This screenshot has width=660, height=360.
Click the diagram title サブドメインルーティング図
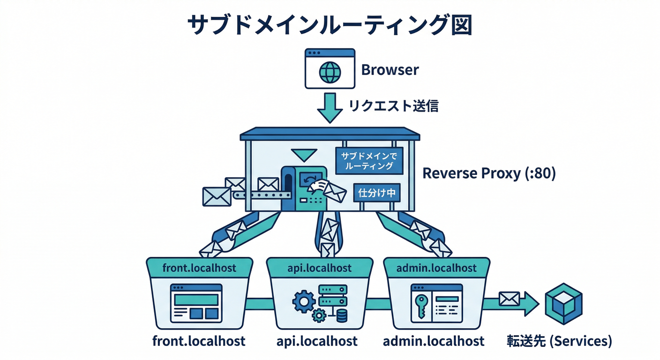(x=330, y=26)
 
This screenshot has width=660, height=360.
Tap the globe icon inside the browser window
(x=329, y=72)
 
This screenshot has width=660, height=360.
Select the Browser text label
(x=390, y=70)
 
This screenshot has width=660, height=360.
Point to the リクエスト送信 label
(x=393, y=106)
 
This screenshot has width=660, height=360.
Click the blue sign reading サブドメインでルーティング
(x=369, y=161)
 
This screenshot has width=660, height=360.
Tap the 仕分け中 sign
(x=377, y=192)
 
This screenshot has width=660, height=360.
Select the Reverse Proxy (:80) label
(x=489, y=173)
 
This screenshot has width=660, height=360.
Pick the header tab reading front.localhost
(x=199, y=268)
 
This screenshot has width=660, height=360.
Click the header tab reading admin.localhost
(x=436, y=268)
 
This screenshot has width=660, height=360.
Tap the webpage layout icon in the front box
(x=196, y=302)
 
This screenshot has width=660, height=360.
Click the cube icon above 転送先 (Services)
(x=564, y=301)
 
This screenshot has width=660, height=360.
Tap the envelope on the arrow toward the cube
(x=509, y=298)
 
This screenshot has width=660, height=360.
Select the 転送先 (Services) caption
(x=559, y=341)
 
